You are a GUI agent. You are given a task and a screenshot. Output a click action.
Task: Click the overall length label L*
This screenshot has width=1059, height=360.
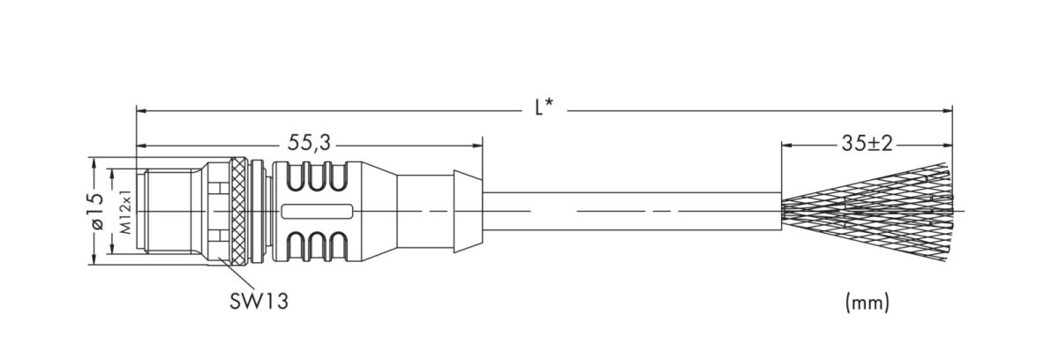545,109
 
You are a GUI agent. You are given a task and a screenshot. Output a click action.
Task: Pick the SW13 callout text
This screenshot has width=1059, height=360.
255,301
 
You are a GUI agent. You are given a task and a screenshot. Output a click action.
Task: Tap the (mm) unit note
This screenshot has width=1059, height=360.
867,303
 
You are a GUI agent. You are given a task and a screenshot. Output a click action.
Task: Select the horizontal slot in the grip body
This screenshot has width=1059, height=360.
318,212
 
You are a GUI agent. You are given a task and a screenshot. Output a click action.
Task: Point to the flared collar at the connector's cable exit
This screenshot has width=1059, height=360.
466,212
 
